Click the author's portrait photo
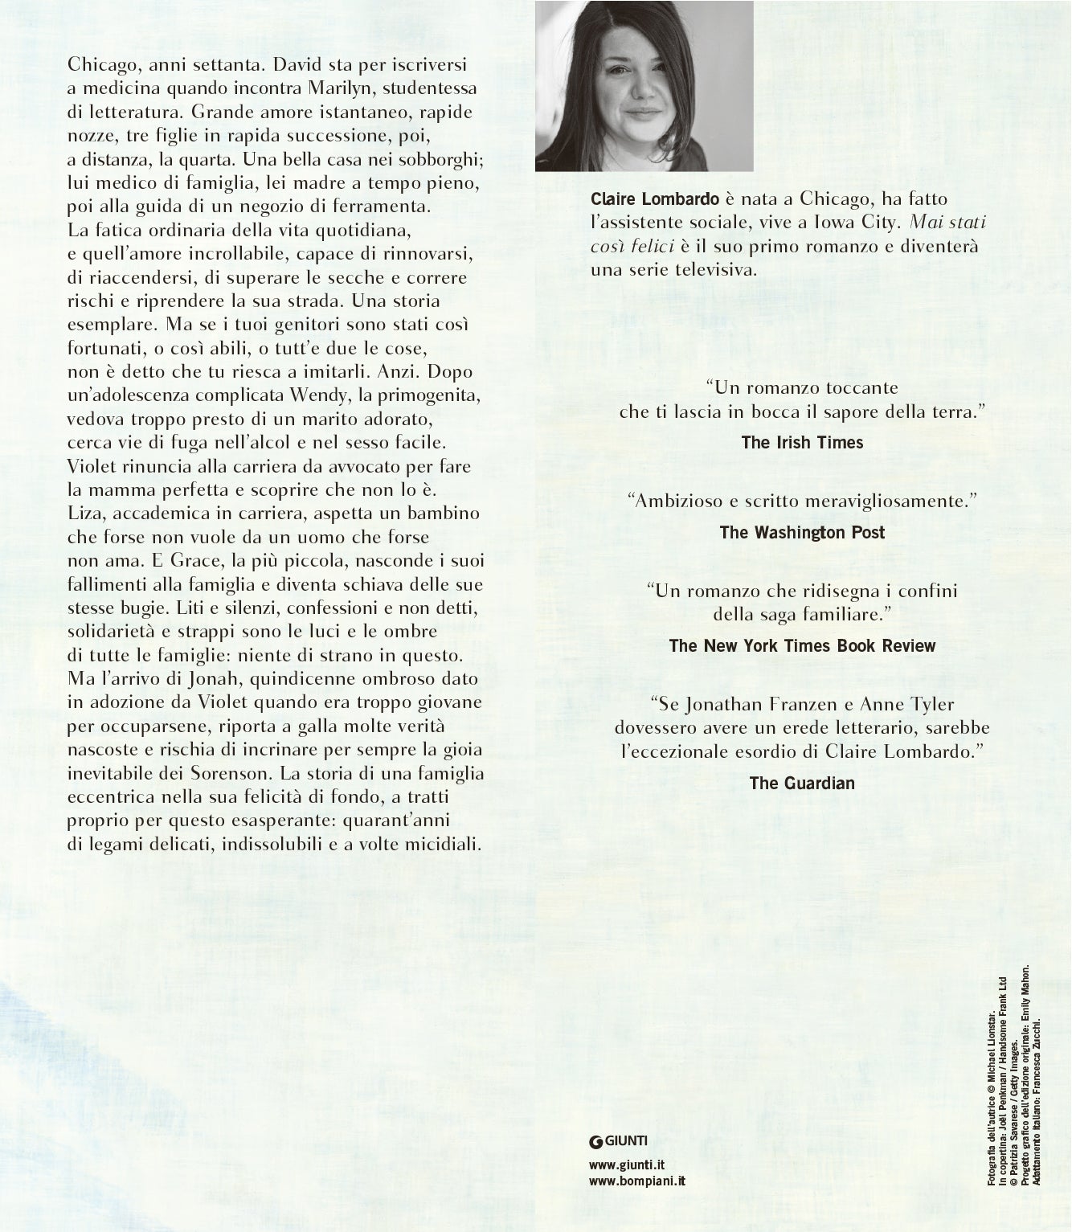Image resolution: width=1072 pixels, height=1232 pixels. tap(644, 85)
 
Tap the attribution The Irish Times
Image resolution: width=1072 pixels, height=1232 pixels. tap(802, 442)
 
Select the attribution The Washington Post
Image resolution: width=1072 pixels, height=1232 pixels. tap(802, 532)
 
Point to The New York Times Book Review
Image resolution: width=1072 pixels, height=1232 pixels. tap(802, 645)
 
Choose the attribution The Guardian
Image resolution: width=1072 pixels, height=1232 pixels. tap(802, 782)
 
